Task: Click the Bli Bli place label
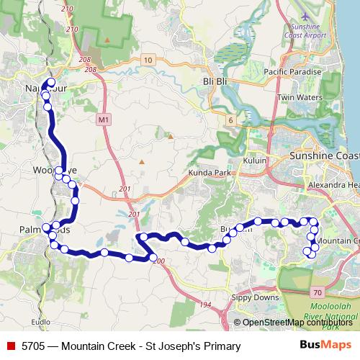[215, 81]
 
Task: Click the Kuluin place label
[256, 161]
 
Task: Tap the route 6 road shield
[230, 120]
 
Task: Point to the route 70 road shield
[318, 292]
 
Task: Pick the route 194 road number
[205, 306]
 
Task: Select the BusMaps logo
[325, 346]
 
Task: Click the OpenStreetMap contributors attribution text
[297, 323]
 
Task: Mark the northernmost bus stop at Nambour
[50, 82]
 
